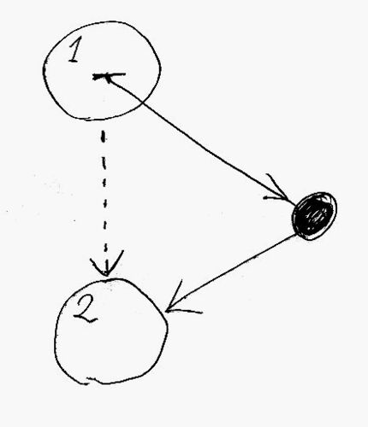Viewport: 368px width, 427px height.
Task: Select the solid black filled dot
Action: tap(314, 216)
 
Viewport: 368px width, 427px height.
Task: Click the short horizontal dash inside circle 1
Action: tap(109, 76)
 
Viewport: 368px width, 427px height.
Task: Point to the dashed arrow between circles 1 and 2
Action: tap(104, 202)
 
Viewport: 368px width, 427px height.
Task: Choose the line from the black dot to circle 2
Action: tap(231, 272)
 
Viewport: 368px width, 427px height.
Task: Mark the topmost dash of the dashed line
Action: tap(104, 137)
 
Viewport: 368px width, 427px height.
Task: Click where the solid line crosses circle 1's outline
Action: tap(144, 102)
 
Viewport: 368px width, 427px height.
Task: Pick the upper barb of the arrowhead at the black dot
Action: tap(276, 185)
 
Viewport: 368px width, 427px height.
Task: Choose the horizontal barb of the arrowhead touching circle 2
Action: tap(185, 311)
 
